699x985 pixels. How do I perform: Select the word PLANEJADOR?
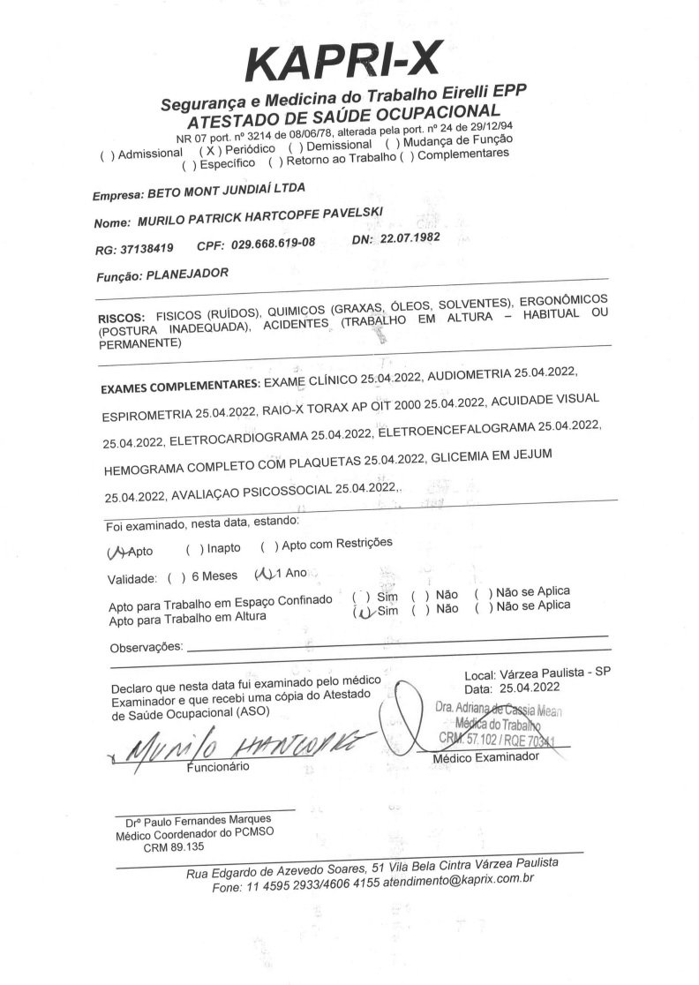point(187,274)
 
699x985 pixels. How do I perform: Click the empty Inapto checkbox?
point(194,548)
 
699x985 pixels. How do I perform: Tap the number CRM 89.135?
point(174,846)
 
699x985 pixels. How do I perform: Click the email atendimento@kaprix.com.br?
point(458,880)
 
